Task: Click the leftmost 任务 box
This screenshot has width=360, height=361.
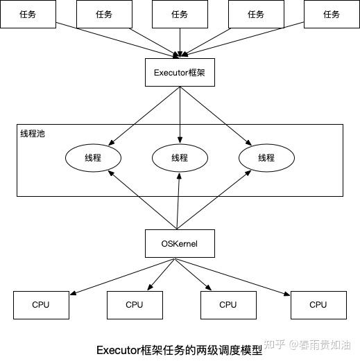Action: coord(28,15)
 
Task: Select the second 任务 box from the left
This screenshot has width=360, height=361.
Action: coord(103,15)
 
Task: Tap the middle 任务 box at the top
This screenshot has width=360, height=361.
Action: coord(180,15)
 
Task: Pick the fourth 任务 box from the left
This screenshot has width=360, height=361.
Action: coord(255,15)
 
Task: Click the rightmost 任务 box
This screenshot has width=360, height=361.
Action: coord(331,15)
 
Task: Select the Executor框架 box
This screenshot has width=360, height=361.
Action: coord(180,72)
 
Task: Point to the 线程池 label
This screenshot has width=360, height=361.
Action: coord(33,132)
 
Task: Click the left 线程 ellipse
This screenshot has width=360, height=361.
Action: coord(92,158)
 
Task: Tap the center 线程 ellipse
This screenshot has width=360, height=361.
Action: coord(180,158)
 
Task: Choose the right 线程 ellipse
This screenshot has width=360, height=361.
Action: coord(266,158)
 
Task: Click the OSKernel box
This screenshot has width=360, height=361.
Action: coord(180,243)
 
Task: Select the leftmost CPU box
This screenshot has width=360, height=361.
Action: coord(41,304)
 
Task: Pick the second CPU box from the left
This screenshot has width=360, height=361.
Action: coord(135,304)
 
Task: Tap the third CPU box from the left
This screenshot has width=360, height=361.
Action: coord(228,304)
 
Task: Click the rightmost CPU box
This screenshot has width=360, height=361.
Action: coord(318,304)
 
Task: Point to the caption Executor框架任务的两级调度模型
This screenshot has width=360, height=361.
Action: coord(179,351)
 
